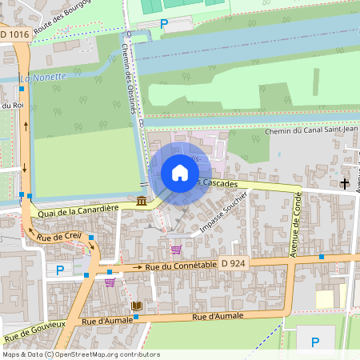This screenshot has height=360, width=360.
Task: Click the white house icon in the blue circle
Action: click(x=180, y=173)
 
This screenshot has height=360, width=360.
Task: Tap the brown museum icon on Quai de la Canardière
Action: click(x=142, y=201)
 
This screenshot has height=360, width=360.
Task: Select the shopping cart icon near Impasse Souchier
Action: click(x=176, y=250)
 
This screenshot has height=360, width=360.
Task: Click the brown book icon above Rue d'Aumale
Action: click(x=135, y=306)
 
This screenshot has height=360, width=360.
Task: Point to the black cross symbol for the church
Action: click(x=345, y=184)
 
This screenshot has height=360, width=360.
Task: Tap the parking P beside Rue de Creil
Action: click(x=59, y=270)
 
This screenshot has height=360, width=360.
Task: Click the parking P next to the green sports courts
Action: click(x=164, y=24)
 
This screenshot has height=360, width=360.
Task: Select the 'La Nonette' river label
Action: click(x=42, y=78)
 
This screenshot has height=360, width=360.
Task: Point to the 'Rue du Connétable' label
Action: click(x=181, y=265)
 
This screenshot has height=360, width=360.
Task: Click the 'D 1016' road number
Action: click(x=14, y=34)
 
